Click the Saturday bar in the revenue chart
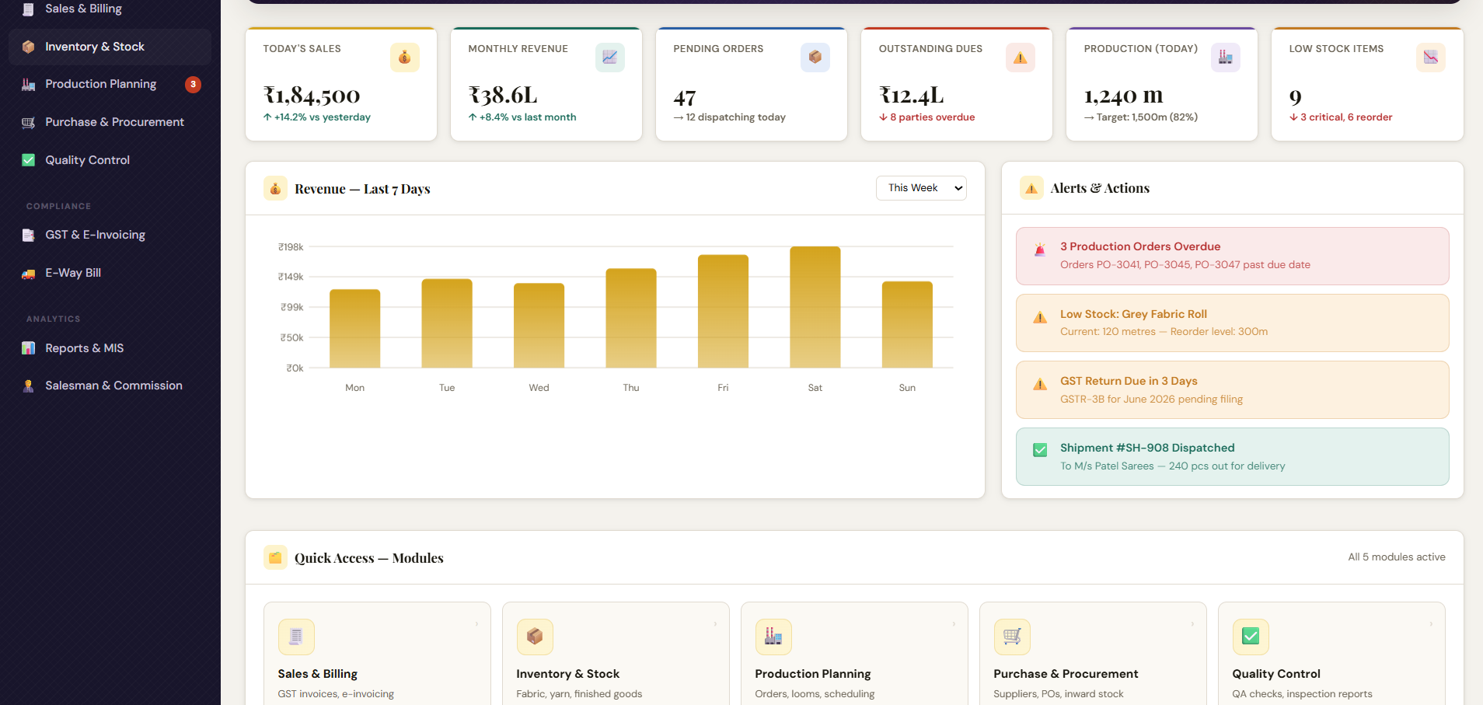[x=815, y=307]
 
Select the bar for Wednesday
[x=539, y=326]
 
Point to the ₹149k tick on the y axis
[x=291, y=277]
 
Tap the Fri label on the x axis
[x=723, y=388]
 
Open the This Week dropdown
[x=921, y=188]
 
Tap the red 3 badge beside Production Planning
[x=193, y=84]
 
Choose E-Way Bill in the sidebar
[x=73, y=273]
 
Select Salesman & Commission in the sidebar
[x=113, y=386]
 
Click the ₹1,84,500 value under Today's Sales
[x=312, y=96]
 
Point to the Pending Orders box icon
[x=815, y=58]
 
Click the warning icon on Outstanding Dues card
[x=1021, y=58]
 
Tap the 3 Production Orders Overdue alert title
[x=1140, y=246]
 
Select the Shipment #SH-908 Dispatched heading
[x=1147, y=448]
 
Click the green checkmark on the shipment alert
[x=1040, y=450]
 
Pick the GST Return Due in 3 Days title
[x=1129, y=381]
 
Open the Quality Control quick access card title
[x=1276, y=674]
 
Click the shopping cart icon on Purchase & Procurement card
[x=1012, y=637]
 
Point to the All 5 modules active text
[x=1397, y=557]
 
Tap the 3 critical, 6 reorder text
[x=1346, y=117]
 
